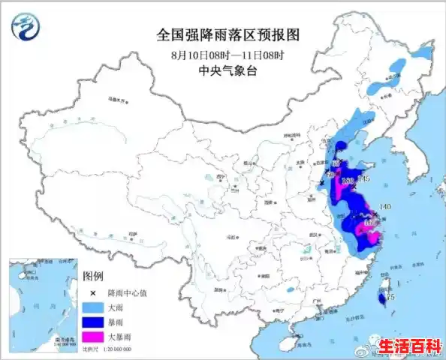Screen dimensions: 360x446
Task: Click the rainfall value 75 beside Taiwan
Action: point(390,298)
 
